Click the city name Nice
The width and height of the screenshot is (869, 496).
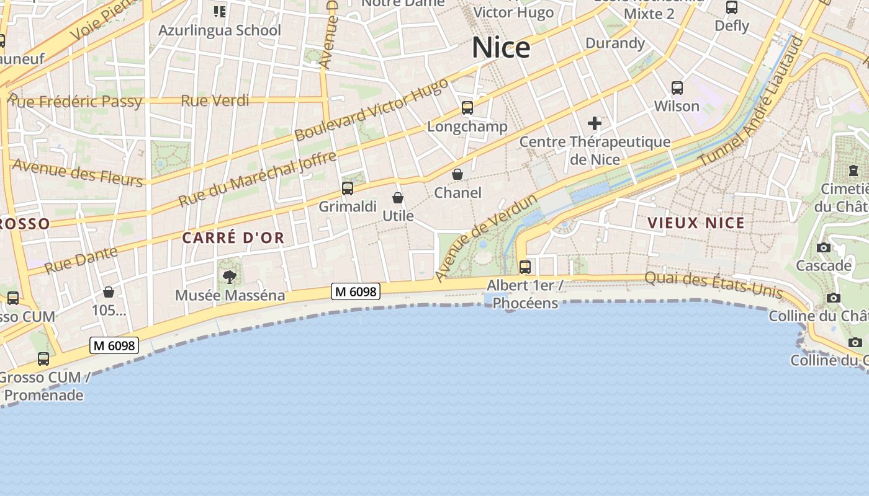[501, 48]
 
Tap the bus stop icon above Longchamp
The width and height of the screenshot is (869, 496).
[467, 108]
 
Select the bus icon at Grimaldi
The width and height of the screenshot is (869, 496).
[348, 188]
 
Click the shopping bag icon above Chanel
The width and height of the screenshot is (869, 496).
[457, 174]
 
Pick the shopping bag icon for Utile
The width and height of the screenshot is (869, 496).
[398, 198]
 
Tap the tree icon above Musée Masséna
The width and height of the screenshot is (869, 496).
[230, 277]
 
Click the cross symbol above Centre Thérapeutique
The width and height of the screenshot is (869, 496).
[595, 123]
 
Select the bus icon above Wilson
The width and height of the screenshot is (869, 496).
[677, 88]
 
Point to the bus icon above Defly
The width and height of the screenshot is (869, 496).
[732, 7]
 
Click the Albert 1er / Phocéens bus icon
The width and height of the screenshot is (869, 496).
[525, 267]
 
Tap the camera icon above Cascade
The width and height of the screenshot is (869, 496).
[824, 248]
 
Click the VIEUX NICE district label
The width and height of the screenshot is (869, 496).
[696, 223]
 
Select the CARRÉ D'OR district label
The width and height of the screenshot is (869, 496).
[233, 237]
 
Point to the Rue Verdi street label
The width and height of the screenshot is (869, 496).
[215, 100]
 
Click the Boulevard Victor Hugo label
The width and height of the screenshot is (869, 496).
[371, 110]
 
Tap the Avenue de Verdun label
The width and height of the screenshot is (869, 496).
[485, 237]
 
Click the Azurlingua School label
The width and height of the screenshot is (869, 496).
[220, 30]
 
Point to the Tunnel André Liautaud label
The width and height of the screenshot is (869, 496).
[752, 102]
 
